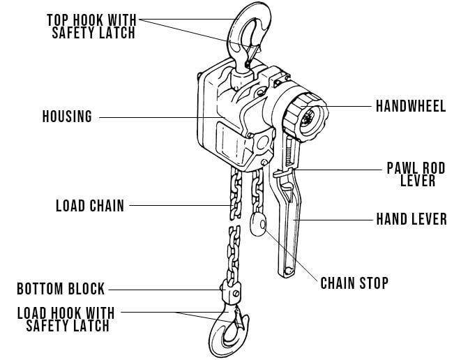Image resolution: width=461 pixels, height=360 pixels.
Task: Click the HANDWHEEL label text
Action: [x=411, y=107]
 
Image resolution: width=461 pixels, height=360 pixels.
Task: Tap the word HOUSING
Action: [x=67, y=117]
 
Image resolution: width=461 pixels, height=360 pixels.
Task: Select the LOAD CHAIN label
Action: [x=89, y=206]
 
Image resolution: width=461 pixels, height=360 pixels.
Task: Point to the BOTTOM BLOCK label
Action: [x=62, y=288]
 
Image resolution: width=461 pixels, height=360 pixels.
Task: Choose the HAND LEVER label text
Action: [x=411, y=219]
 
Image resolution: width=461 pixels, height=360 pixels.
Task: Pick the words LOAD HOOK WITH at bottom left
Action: [x=67, y=313]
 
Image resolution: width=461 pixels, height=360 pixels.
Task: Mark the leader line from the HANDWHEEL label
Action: [x=349, y=107]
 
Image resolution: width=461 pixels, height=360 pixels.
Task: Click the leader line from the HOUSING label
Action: [x=153, y=117]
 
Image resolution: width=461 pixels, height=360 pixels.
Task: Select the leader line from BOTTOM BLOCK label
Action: [x=164, y=288]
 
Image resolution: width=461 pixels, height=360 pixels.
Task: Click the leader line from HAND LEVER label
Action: [x=335, y=219]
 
